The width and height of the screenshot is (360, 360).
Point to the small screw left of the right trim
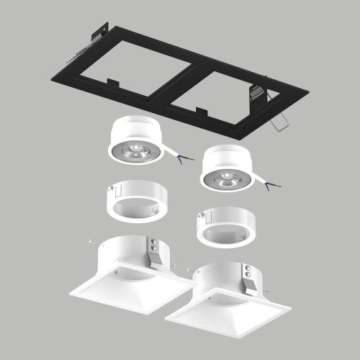(x=188, y=270)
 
